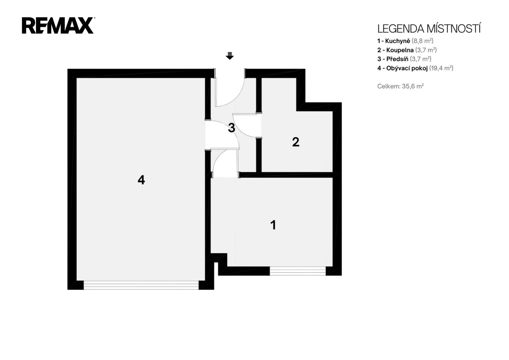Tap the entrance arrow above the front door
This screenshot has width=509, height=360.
tap(230, 56)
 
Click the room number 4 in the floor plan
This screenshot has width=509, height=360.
tap(141, 180)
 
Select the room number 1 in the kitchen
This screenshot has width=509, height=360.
tap(273, 225)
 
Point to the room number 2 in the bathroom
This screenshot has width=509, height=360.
tap(296, 142)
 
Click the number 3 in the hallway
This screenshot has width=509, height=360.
tap(232, 128)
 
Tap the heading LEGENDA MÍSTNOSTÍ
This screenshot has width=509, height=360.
tap(429, 29)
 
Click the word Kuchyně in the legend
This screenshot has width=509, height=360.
tap(398, 41)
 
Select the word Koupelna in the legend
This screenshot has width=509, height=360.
tap(400, 50)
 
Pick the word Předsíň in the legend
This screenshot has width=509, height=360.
tap(397, 59)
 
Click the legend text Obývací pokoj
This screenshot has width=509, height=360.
tap(407, 68)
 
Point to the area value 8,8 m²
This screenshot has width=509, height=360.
tap(423, 41)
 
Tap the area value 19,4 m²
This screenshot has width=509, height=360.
tap(441, 68)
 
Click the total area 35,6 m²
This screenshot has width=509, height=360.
tap(413, 86)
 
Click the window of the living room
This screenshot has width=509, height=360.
tap(141, 285)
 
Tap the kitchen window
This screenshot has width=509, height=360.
tap(298, 271)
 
